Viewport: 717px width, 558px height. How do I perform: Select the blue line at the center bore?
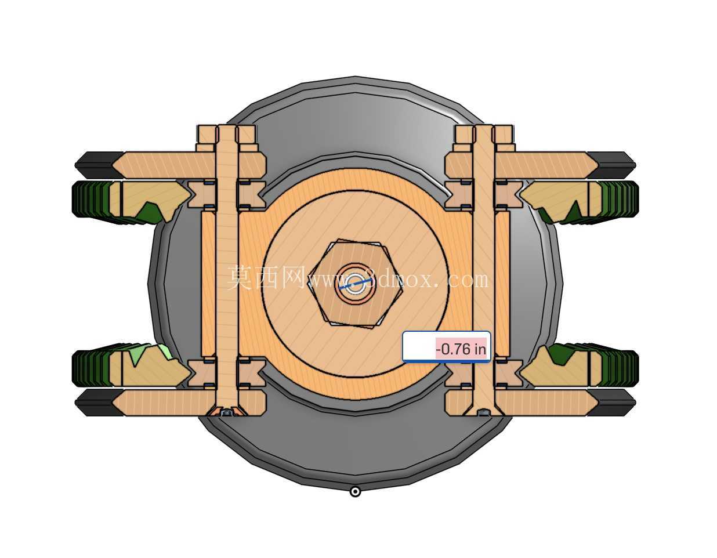(356, 283)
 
